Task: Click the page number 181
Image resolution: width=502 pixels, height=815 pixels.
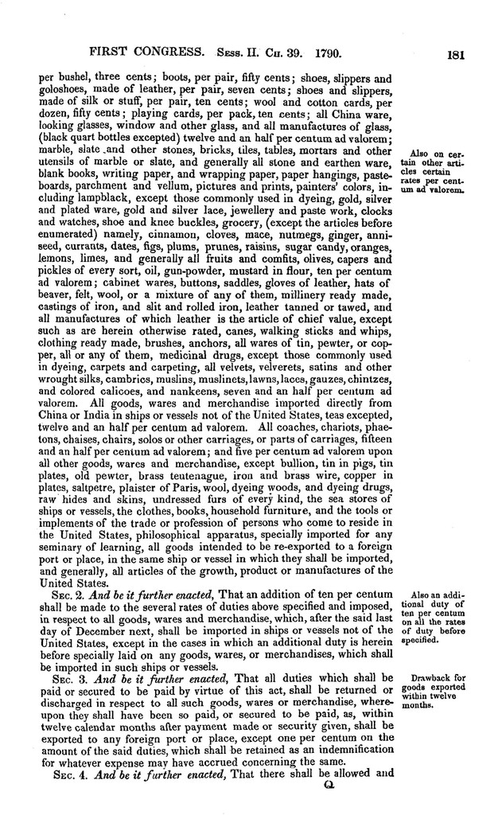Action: click(456, 56)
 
